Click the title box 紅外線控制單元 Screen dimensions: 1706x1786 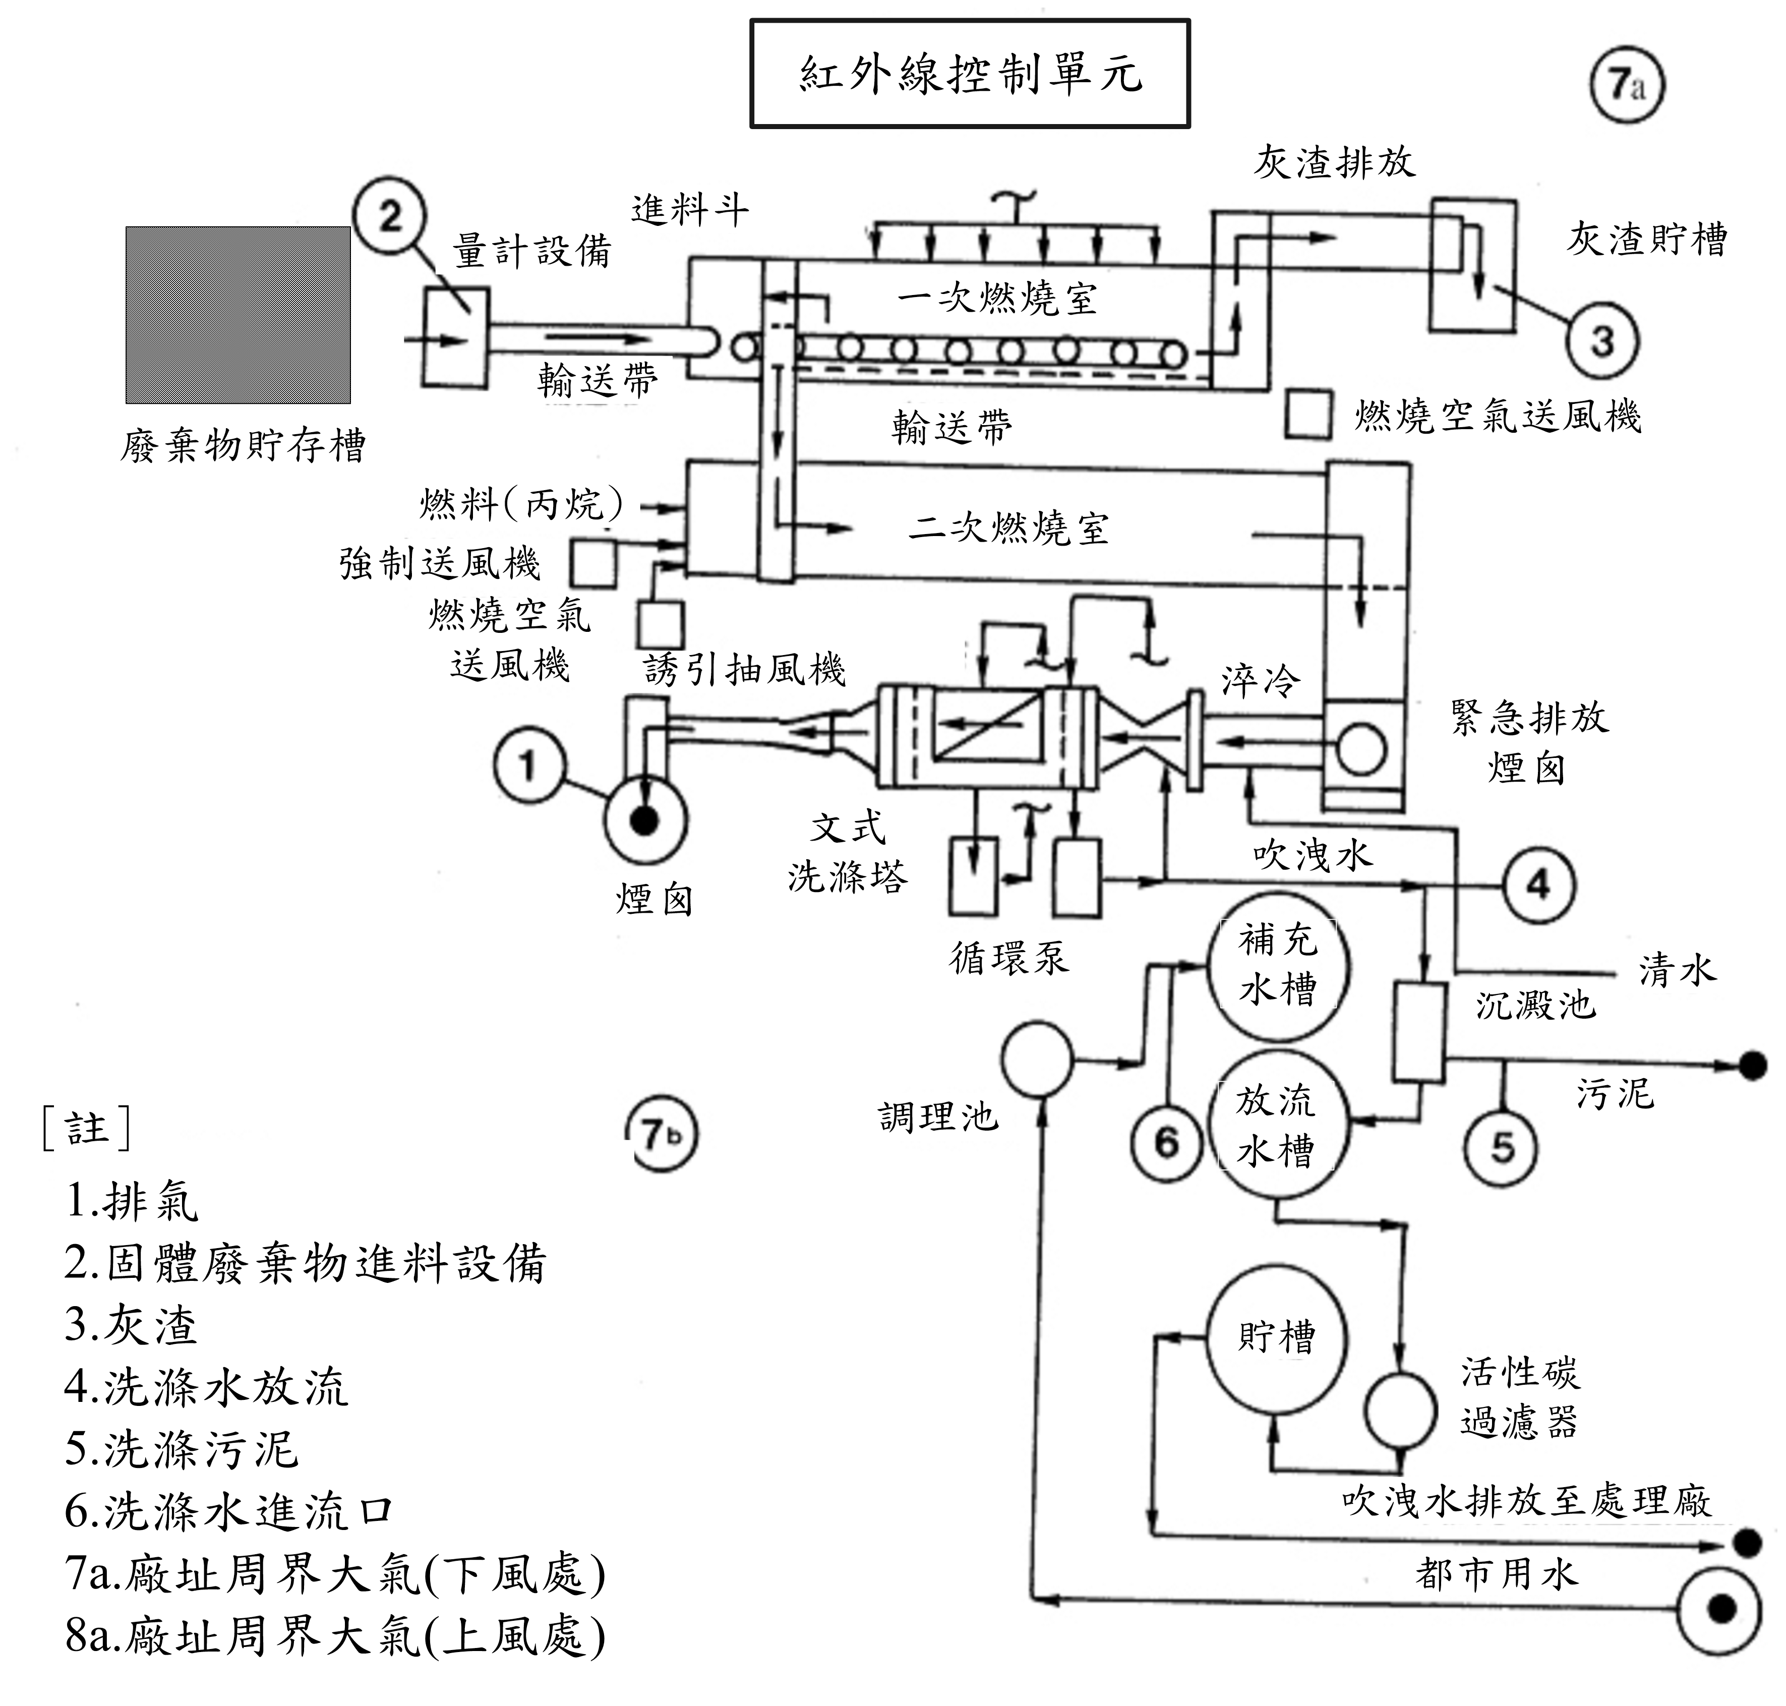tap(969, 74)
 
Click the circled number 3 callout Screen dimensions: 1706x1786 tap(1602, 340)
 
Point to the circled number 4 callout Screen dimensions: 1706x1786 tap(1538, 884)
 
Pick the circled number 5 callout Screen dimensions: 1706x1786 tap(1502, 1148)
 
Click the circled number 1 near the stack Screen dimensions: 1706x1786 tap(528, 765)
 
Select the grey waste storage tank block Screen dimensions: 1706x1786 tap(239, 315)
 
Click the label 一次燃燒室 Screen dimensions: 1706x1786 tap(997, 298)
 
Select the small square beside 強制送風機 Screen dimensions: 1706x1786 tap(593, 563)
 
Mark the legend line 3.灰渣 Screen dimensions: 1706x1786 tap(131, 1325)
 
